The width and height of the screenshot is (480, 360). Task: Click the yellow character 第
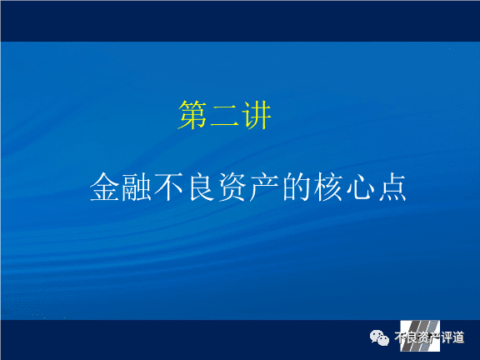pos(192,115)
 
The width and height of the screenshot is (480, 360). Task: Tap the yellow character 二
pos(224,116)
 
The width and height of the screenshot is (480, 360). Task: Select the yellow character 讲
pos(256,115)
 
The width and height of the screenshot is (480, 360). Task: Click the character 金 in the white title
pos(104,187)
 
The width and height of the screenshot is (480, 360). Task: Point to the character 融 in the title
pos(137,187)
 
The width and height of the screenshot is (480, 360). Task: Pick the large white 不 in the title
pos(168,187)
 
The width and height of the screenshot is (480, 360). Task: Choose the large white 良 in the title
pos(201,187)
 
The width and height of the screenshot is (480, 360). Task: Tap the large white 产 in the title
pos(264,187)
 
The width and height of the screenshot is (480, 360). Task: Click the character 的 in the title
pos(297,187)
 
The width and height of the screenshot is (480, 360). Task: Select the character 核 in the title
pos(328,187)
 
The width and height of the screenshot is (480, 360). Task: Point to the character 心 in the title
pos(361,187)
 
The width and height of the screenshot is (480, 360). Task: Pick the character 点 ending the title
pos(392,187)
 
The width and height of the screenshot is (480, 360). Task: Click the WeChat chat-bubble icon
pos(379,337)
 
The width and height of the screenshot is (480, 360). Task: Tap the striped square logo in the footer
pos(420,336)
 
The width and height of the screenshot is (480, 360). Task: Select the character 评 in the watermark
pos(447,337)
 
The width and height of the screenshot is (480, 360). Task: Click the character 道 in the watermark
pos(458,337)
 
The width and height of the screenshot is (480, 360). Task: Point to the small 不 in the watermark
pos(400,337)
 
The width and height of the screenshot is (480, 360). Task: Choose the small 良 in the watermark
pos(412,337)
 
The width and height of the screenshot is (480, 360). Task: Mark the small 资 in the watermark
pos(423,337)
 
